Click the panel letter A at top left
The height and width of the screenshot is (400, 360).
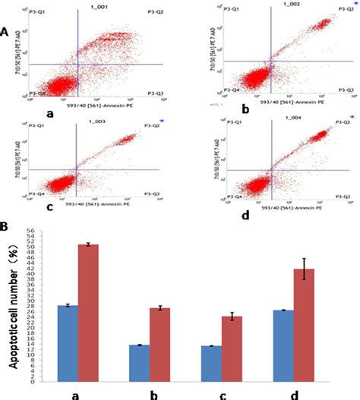point(5,34)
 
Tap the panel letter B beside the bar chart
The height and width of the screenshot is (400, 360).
point(5,226)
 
